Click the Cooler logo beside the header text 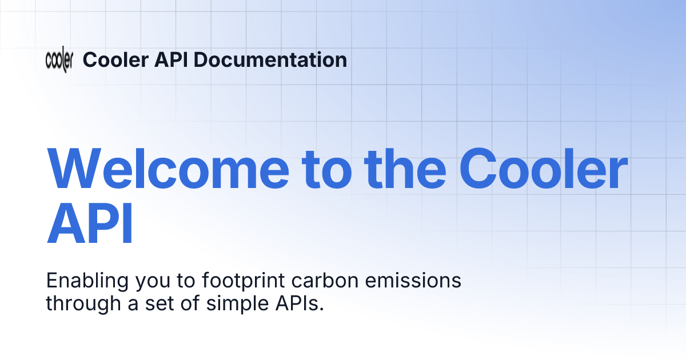point(59,59)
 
